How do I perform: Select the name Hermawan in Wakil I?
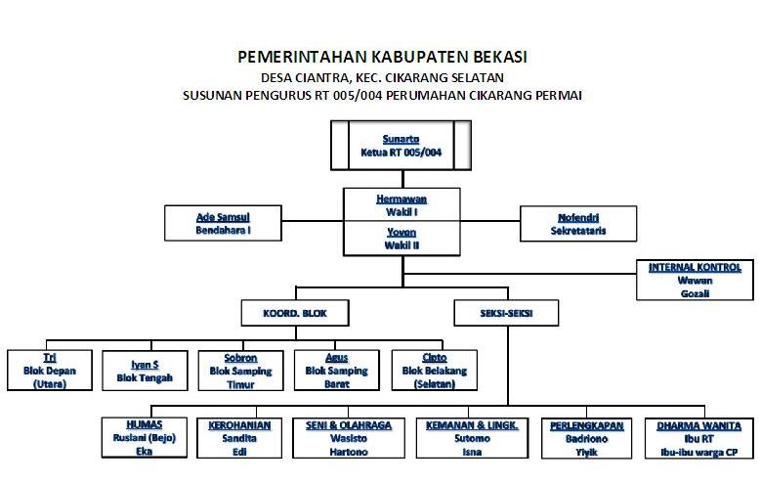(x=402, y=198)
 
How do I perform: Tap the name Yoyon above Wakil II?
(x=402, y=234)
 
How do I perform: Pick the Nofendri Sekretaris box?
(x=578, y=223)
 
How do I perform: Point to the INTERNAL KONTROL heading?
(x=695, y=267)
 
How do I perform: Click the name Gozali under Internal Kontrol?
(x=695, y=292)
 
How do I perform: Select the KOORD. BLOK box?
(x=296, y=313)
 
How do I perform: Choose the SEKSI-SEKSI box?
(x=507, y=313)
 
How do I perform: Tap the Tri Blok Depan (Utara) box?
(x=49, y=371)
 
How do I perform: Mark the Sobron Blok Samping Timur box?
(x=239, y=371)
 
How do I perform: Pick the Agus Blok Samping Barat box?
(x=336, y=371)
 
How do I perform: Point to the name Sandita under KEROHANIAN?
(x=239, y=439)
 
